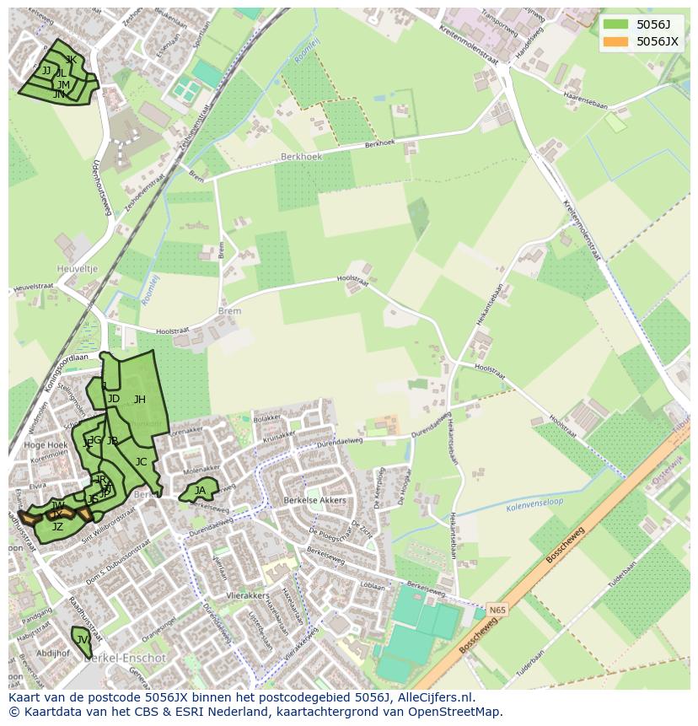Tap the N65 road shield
[x=498, y=608]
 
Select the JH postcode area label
[x=140, y=400]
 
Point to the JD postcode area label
[x=113, y=399]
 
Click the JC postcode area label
[x=141, y=462]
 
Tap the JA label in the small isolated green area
[x=200, y=491]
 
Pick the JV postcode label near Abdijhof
[x=82, y=640]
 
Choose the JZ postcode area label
[x=57, y=527]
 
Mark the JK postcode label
[x=71, y=60]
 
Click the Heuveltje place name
[x=78, y=269]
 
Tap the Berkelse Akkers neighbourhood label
[x=314, y=501]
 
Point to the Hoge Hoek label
[x=46, y=444]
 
